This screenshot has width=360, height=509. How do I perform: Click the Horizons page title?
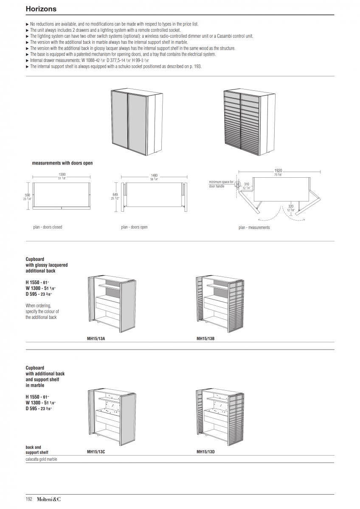click(41, 9)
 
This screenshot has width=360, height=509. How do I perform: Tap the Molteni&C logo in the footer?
click(49, 499)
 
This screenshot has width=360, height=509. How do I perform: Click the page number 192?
click(29, 499)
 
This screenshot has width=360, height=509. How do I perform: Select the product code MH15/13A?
click(96, 338)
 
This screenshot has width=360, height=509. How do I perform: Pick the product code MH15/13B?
click(205, 338)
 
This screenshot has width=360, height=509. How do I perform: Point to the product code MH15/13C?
click(96, 452)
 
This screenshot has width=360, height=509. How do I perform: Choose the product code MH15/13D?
click(205, 452)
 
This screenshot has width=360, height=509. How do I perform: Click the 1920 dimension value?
click(278, 171)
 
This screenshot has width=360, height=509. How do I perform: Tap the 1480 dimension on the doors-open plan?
click(154, 176)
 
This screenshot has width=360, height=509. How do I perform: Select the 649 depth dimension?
click(115, 195)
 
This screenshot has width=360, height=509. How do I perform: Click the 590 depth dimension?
click(27, 195)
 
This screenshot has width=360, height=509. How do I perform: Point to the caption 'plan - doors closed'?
click(48, 227)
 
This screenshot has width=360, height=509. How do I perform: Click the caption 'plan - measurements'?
click(254, 227)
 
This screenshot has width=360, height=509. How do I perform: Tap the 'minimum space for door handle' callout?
click(221, 184)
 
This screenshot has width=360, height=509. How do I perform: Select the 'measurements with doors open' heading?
click(62, 163)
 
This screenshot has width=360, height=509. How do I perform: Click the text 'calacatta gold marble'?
click(41, 459)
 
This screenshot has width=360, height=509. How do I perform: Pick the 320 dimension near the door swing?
click(291, 206)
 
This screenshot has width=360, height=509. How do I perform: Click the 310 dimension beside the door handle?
click(247, 184)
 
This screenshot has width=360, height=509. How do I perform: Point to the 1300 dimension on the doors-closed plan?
click(62, 174)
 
